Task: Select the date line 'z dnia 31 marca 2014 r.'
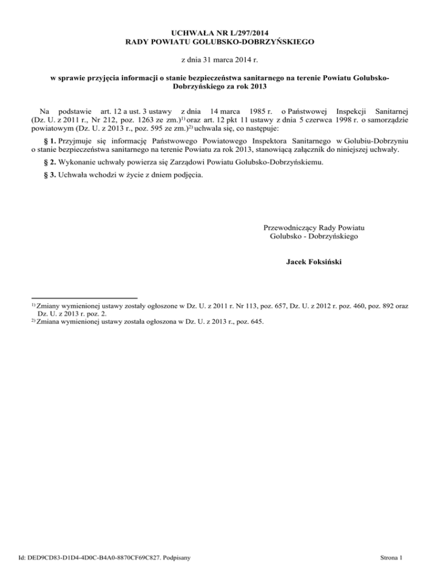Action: [x=219, y=59]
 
